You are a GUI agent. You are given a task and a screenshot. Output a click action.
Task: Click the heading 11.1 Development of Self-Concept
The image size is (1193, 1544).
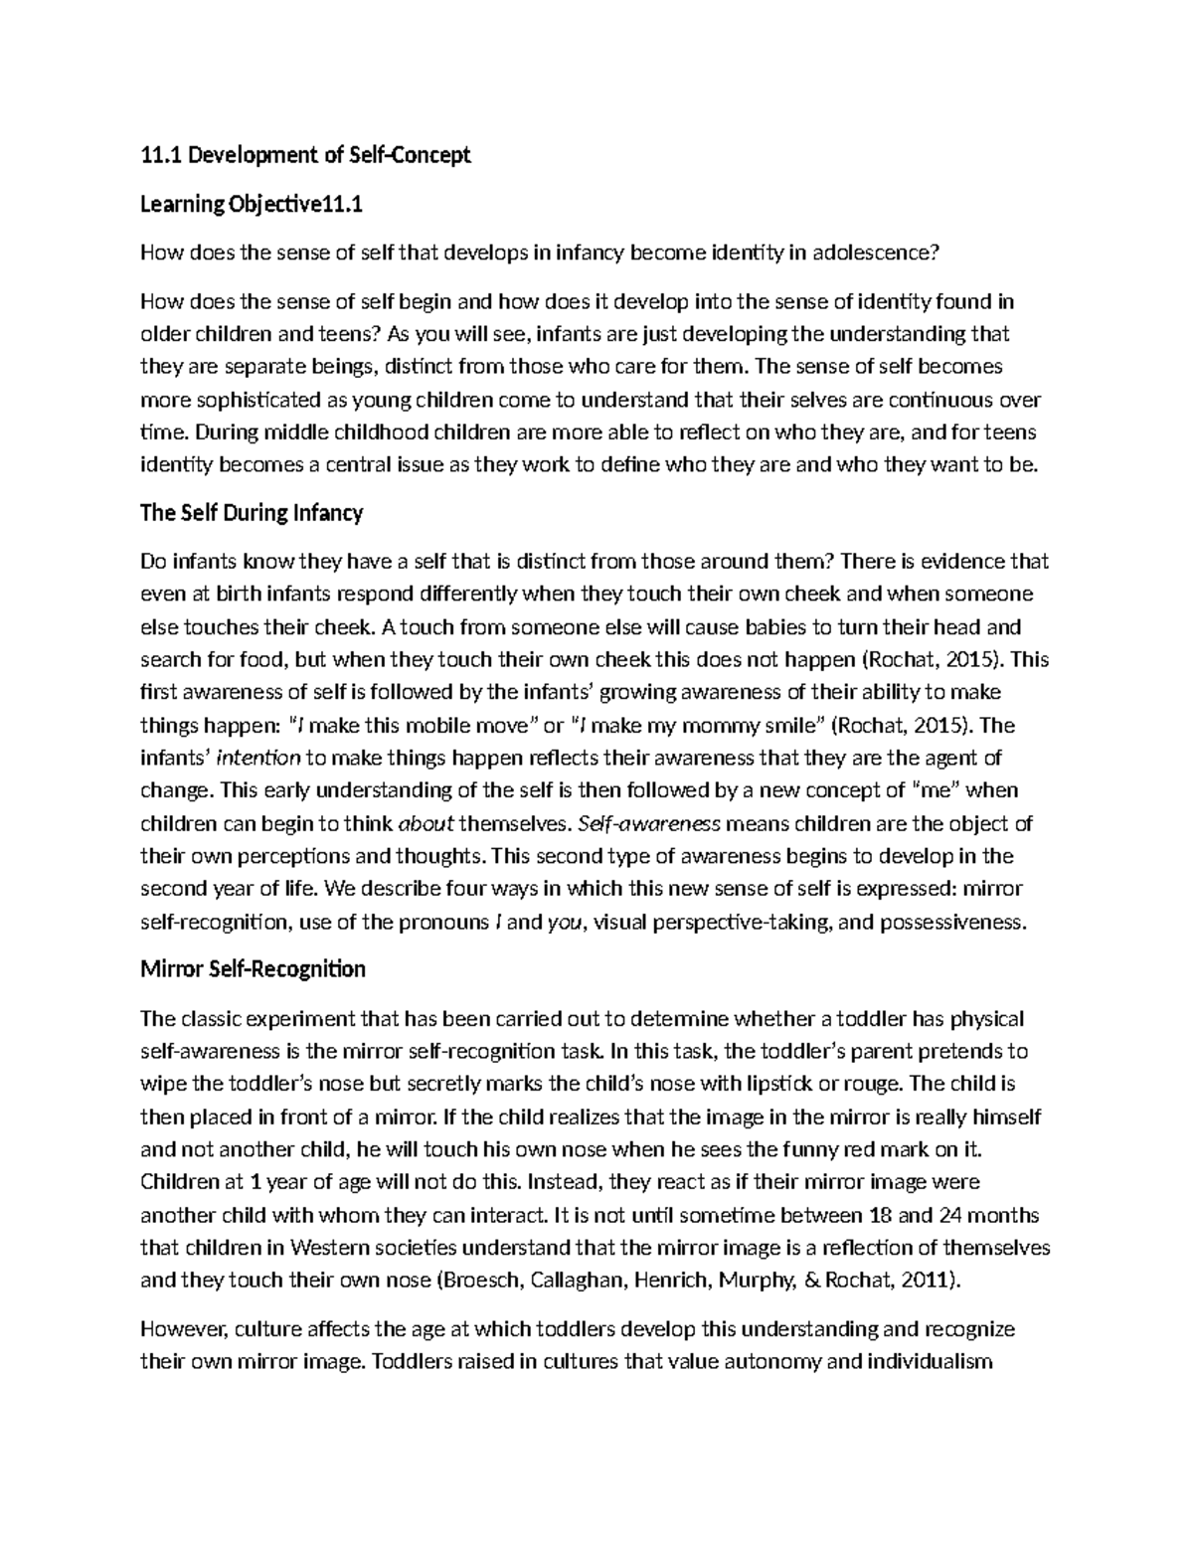305,155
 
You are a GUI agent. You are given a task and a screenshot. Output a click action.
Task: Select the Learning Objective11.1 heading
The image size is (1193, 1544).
252,205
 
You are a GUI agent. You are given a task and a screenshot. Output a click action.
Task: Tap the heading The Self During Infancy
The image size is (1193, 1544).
252,513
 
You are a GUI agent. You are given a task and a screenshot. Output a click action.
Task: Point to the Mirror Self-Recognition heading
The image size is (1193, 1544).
253,969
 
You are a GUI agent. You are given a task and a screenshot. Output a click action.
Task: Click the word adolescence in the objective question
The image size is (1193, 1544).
875,253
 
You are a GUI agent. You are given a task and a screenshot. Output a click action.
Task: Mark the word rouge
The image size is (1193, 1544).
880,1084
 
